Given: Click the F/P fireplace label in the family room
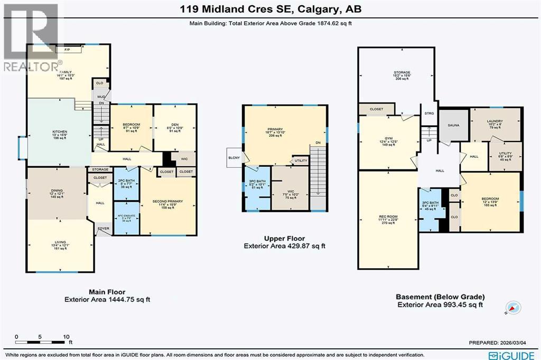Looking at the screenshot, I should point(67,50).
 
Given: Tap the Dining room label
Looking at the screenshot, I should point(57,193).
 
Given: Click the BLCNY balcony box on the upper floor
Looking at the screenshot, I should point(234,157).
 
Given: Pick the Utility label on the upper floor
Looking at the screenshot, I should point(301,160).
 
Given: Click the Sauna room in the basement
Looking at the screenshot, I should point(453,126).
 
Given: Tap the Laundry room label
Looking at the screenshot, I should point(494,121).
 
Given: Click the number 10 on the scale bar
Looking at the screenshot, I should point(66,336).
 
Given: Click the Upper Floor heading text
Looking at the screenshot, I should point(284,239).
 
